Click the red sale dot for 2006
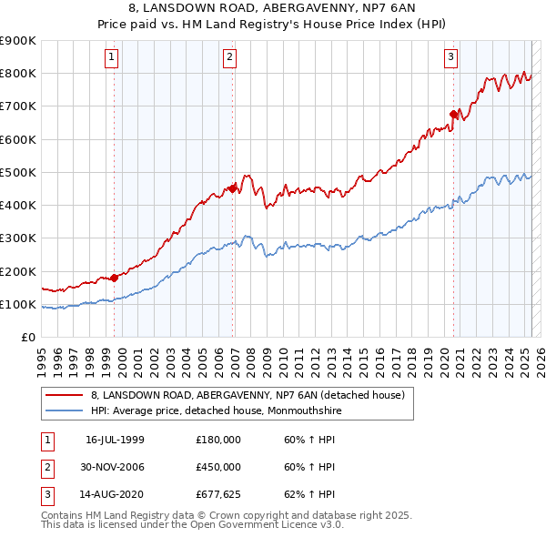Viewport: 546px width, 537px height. click(x=233, y=188)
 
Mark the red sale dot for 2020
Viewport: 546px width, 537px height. click(x=453, y=114)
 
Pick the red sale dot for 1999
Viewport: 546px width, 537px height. click(x=114, y=278)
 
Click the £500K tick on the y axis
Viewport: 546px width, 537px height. click(x=18, y=172)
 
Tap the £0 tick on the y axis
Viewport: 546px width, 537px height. click(x=28, y=337)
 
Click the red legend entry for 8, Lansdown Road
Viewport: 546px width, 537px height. click(x=252, y=395)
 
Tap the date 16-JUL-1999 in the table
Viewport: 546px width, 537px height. click(x=115, y=440)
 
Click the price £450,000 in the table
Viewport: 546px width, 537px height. click(x=218, y=467)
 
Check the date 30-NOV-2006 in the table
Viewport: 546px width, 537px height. click(x=115, y=467)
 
